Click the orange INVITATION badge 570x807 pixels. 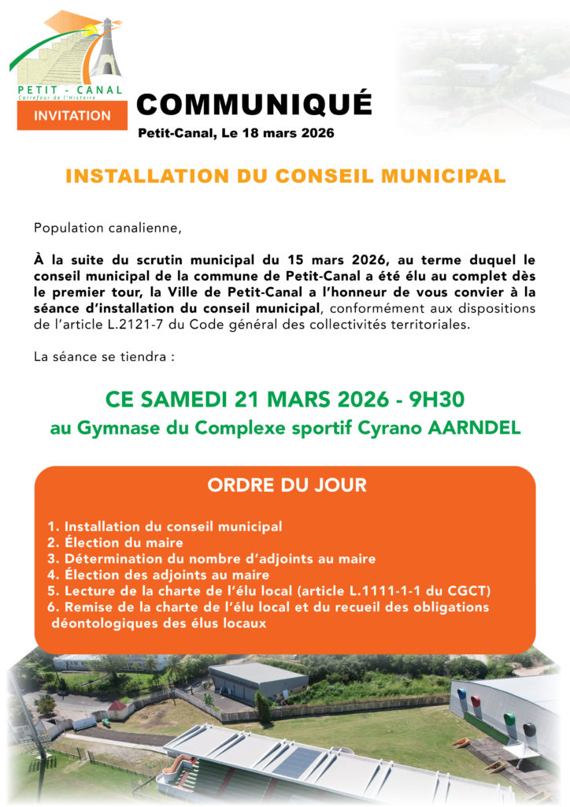click(x=72, y=115)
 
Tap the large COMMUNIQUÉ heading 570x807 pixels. click(x=254, y=103)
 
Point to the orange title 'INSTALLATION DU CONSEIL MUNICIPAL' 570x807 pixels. click(x=285, y=177)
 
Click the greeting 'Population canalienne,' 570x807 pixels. click(x=107, y=229)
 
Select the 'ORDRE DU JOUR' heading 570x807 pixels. click(x=287, y=485)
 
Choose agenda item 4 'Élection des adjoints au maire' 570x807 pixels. click(x=157, y=575)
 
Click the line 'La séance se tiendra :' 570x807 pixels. click(x=103, y=356)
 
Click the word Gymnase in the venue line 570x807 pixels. click(x=107, y=429)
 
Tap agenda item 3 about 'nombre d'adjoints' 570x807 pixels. click(x=211, y=559)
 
